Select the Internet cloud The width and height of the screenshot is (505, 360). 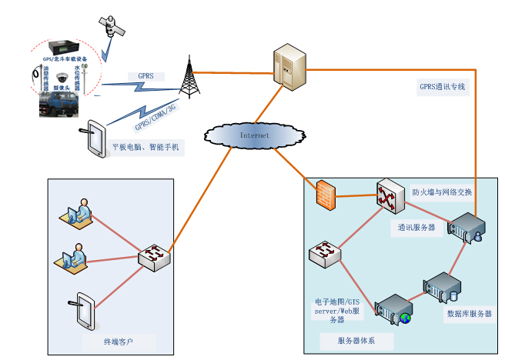(x=255, y=135)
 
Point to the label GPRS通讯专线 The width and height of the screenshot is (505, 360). (x=442, y=87)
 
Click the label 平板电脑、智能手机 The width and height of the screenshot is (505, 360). (x=145, y=146)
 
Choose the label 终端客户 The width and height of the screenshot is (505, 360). (x=119, y=339)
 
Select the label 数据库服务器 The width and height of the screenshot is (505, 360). (x=469, y=314)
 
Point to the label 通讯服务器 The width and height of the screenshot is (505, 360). (x=416, y=228)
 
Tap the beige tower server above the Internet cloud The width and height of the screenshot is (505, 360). (x=288, y=70)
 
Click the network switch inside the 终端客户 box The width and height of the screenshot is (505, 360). (x=155, y=256)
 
